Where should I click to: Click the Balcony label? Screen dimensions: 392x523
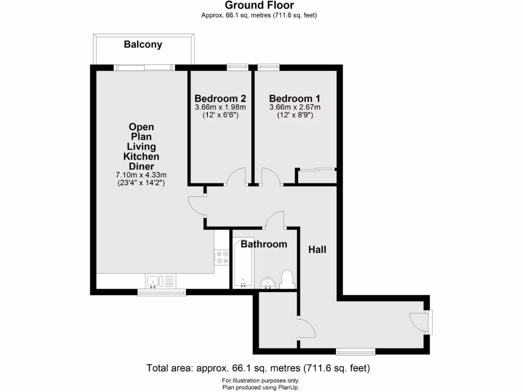[143, 44]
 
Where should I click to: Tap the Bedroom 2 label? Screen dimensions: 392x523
[221, 99]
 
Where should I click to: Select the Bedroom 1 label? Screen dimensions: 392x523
[295, 99]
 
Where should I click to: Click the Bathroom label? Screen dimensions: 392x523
[264, 244]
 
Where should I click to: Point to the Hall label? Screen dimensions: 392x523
[317, 250]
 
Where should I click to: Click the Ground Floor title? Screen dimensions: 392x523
[259, 6]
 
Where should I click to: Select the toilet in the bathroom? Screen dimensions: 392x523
[287, 280]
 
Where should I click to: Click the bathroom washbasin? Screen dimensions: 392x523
[268, 283]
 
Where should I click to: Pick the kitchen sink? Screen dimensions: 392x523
[154, 281]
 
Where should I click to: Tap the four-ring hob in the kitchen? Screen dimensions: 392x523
[222, 257]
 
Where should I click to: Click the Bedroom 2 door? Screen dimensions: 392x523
[237, 177]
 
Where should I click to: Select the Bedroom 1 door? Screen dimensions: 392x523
[270, 177]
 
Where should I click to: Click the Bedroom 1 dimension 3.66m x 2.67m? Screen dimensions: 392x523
[295, 108]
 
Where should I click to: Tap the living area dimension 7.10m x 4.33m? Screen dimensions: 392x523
[141, 175]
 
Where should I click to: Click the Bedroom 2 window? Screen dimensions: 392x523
[237, 66]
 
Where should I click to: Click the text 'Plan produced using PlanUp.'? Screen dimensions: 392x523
[260, 387]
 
